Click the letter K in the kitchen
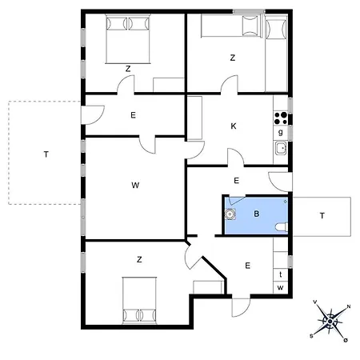click(x=234, y=126)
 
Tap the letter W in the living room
click(x=135, y=186)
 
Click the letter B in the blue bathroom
click(x=257, y=214)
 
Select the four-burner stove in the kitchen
click(x=281, y=116)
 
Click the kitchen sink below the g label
click(x=281, y=147)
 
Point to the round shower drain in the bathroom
click(x=231, y=214)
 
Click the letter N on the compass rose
click(x=346, y=306)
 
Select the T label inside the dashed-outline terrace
click(x=46, y=155)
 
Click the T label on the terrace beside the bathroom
click(x=322, y=215)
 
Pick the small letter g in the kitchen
click(x=281, y=131)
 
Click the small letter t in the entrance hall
click(x=281, y=273)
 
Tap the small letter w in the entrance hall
click(x=281, y=286)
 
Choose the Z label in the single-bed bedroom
click(x=233, y=58)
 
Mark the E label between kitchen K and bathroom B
click(x=237, y=182)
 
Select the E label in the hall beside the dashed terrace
click(x=133, y=115)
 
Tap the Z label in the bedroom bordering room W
click(x=139, y=259)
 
